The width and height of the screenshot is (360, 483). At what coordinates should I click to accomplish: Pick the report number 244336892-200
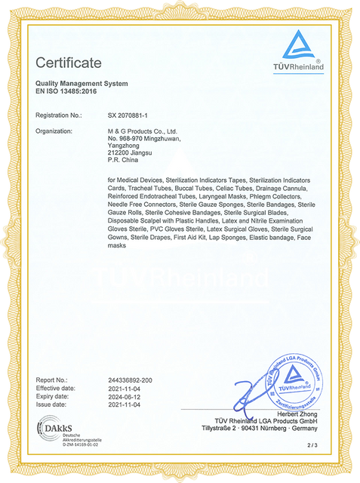click(131, 379)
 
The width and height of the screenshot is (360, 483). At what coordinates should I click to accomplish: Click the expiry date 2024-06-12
click(125, 396)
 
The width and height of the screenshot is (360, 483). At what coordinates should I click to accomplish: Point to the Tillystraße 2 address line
click(262, 429)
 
